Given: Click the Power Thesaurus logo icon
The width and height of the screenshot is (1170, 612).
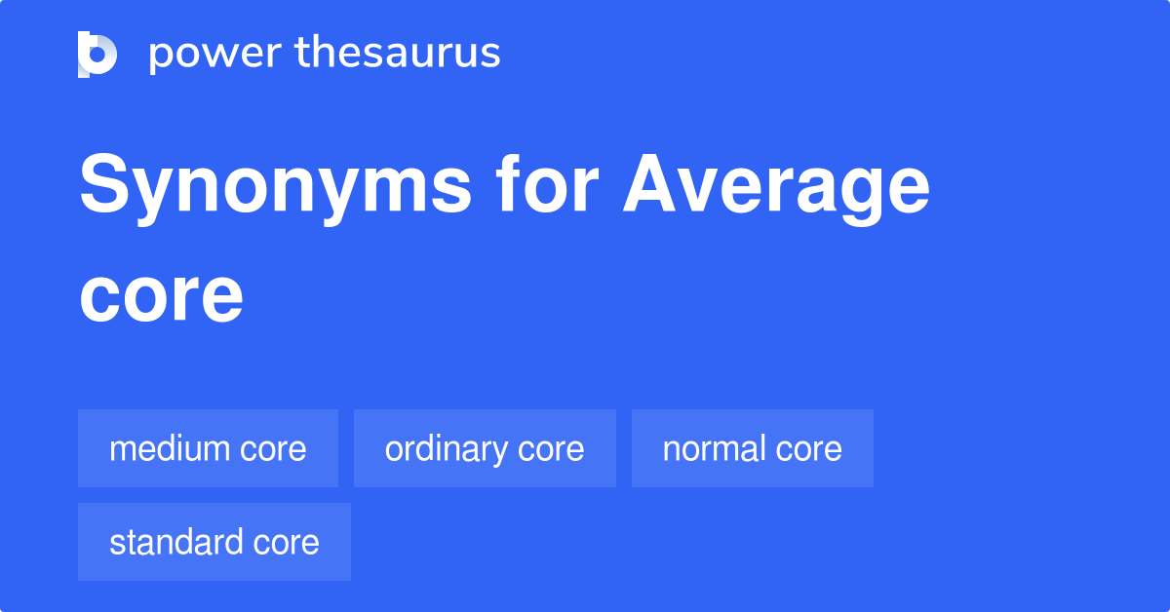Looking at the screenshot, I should pyautogui.click(x=97, y=54).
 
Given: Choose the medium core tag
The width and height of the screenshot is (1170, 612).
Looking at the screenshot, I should pyautogui.click(x=208, y=448).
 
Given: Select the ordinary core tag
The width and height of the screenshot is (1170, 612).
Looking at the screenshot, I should pyautogui.click(x=485, y=448).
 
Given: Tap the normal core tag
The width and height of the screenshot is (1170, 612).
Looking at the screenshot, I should pyautogui.click(x=752, y=448).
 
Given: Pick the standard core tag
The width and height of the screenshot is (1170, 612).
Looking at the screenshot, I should pyautogui.click(x=214, y=542).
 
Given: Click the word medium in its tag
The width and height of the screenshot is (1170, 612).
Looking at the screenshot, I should pyautogui.click(x=169, y=448).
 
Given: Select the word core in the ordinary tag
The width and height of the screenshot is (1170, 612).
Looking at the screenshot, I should pyautogui.click(x=552, y=449).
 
